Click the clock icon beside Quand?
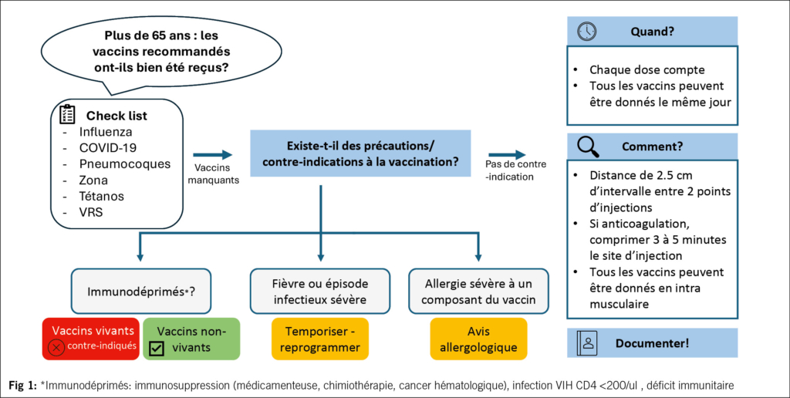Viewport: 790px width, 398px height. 587,32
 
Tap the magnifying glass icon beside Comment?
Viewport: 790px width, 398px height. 587,146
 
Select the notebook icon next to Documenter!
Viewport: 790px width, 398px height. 587,343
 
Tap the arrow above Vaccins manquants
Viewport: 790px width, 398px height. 212,155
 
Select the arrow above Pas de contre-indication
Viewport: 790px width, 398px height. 507,155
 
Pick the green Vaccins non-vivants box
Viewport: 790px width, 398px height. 191,339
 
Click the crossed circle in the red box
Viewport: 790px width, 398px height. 56,348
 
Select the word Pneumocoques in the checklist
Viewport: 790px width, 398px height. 124,164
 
